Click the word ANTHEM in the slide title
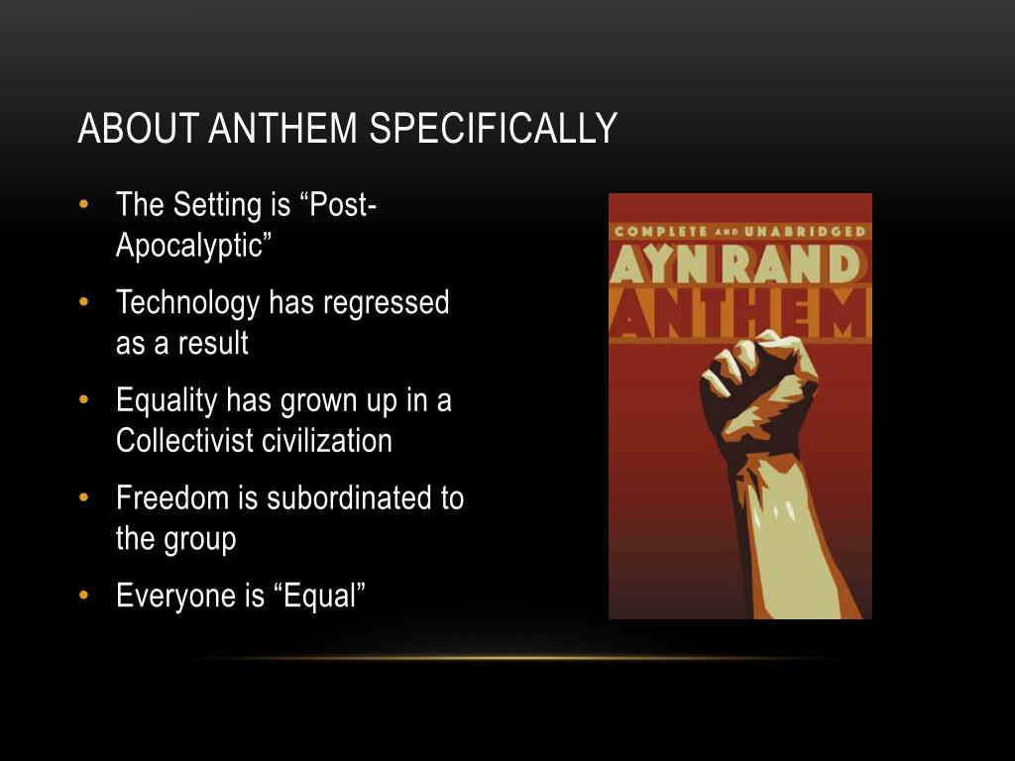click(x=282, y=128)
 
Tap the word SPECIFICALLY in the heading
click(x=494, y=128)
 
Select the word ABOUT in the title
click(x=138, y=128)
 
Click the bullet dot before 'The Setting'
click(x=83, y=204)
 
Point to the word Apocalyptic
click(x=193, y=246)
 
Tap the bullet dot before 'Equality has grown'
click(x=83, y=400)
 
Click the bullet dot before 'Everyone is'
click(x=83, y=596)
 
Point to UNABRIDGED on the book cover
click(x=805, y=232)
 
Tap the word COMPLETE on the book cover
click(x=660, y=232)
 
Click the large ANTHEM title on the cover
click(x=739, y=314)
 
